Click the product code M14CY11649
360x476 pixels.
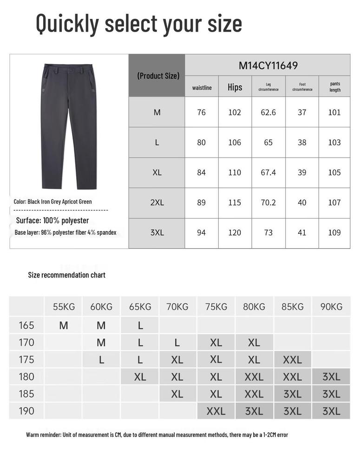pyautogui.click(x=268, y=66)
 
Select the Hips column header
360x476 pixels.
pyautogui.click(x=235, y=87)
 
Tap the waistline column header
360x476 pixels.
pyautogui.click(x=202, y=87)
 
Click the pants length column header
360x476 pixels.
pyautogui.click(x=335, y=87)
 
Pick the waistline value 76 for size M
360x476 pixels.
pyautogui.click(x=201, y=112)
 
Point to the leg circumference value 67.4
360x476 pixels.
pyautogui.click(x=268, y=172)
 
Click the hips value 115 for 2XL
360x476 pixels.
pyautogui.click(x=235, y=203)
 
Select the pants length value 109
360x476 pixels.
pyautogui.click(x=334, y=232)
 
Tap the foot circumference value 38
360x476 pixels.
pyautogui.click(x=302, y=142)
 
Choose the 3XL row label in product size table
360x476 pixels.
pyautogui.click(x=157, y=232)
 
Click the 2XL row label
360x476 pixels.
pyautogui.click(x=157, y=203)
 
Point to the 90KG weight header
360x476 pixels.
pyautogui.click(x=331, y=307)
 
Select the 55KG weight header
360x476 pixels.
pyautogui.click(x=64, y=307)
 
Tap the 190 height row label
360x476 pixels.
pyautogui.click(x=26, y=411)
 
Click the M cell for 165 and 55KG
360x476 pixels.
pyautogui.click(x=64, y=325)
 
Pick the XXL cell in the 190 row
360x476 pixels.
pyautogui.click(x=216, y=411)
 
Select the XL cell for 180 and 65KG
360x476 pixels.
pyautogui.click(x=140, y=377)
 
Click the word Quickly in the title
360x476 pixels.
pyautogui.click(x=67, y=23)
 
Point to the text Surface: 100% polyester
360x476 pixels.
pyautogui.click(x=52, y=220)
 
